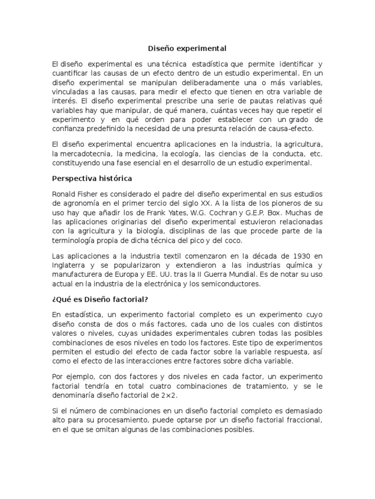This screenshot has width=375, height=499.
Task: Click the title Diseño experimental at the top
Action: pos(187,49)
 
